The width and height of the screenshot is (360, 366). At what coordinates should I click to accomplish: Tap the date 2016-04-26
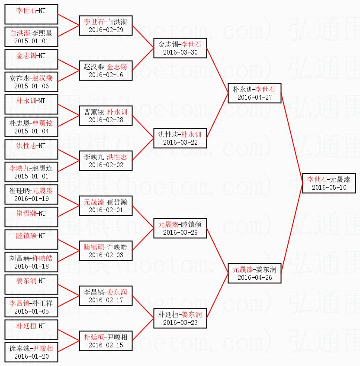[x=254, y=278]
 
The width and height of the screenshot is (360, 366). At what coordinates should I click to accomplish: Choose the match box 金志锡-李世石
[x=180, y=48]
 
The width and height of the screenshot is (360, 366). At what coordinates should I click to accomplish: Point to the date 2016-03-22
[x=180, y=142]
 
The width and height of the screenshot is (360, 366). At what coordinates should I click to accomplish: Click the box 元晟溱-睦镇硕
[x=180, y=228]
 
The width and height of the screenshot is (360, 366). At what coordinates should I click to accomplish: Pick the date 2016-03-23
[x=180, y=323]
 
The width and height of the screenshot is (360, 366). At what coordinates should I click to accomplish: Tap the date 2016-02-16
[x=106, y=75]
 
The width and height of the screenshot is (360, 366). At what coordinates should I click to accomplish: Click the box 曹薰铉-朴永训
[x=106, y=116]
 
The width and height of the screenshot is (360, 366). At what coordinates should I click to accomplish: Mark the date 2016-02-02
[x=106, y=165]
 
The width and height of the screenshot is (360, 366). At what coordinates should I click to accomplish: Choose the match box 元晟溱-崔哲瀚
[x=106, y=206]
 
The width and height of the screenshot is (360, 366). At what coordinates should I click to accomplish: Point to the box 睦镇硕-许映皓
[x=106, y=251]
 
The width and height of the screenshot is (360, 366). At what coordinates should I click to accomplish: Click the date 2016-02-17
[x=106, y=300]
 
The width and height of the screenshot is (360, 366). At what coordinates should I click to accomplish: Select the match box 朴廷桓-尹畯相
[x=106, y=341]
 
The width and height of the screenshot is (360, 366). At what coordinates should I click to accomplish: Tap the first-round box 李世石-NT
[x=31, y=14]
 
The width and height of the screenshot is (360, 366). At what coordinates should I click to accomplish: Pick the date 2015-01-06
[x=31, y=86]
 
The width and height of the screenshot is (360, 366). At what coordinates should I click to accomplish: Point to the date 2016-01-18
[x=31, y=266]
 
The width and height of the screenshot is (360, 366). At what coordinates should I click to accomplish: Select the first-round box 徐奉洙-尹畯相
[x=31, y=352]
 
